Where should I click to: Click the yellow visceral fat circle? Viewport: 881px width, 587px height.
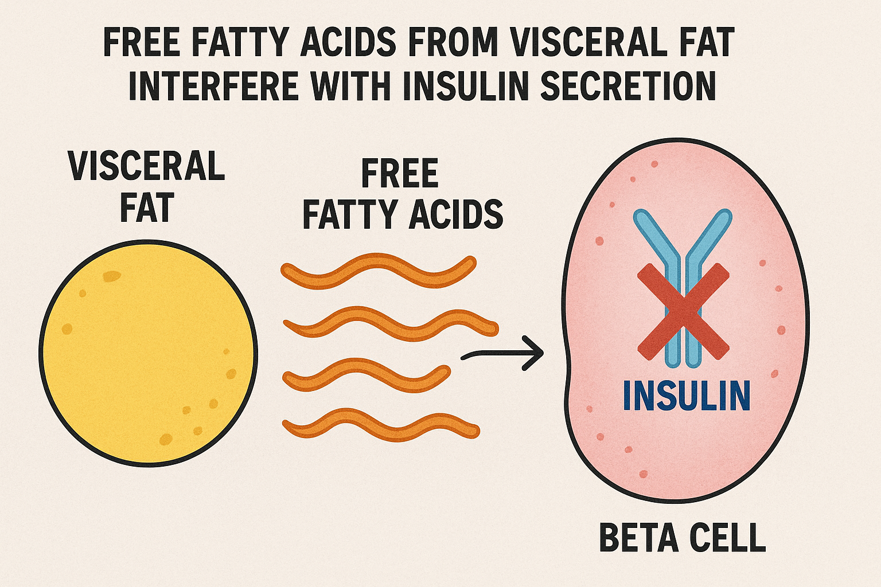point(148,353)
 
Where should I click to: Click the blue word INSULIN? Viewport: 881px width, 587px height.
point(687,396)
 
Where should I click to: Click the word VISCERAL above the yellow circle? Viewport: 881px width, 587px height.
point(146,166)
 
